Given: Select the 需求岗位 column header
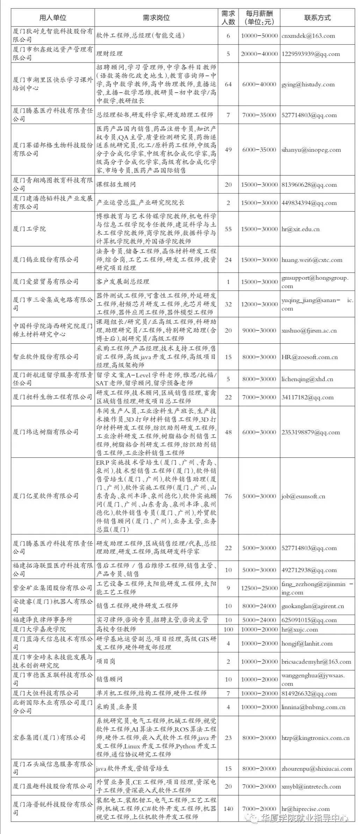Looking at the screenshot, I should pyautogui.click(x=156, y=18).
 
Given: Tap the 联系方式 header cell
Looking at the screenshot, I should pyautogui.click(x=317, y=18).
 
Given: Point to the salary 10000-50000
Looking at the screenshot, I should pyautogui.click(x=259, y=36).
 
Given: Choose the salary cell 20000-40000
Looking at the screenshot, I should pyautogui.click(x=259, y=54).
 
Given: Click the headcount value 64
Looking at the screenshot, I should pyautogui.click(x=228, y=84).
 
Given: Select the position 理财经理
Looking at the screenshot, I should pyautogui.click(x=109, y=54).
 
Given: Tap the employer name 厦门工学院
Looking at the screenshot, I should pyautogui.click(x=29, y=229).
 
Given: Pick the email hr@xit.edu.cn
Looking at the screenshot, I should pyautogui.click(x=300, y=229).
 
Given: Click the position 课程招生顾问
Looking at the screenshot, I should pyautogui.click(x=116, y=185).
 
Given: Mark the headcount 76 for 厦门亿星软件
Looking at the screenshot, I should pyautogui.click(x=228, y=496).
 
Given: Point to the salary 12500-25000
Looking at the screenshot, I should pyautogui.click(x=259, y=588).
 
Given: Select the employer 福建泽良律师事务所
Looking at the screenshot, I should pyautogui.click(x=43, y=620).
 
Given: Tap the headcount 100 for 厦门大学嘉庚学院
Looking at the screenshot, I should pyautogui.click(x=228, y=629).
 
